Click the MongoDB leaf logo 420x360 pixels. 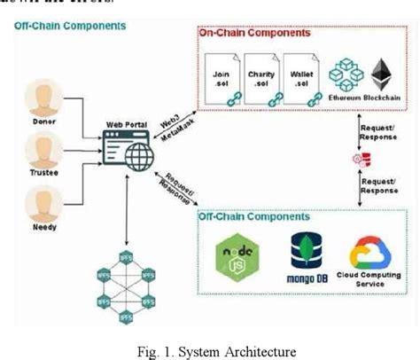tap(304, 251)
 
